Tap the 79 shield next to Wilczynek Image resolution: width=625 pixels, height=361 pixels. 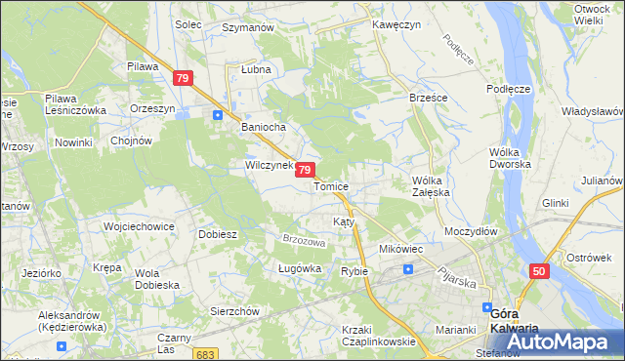305,170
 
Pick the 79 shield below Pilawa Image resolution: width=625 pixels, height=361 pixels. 183,77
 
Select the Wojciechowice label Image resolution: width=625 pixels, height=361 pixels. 139,226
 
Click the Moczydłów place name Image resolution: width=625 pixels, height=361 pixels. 471,232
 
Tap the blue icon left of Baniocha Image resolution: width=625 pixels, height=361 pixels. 218,115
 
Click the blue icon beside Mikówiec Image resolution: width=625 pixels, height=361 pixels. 408,267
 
